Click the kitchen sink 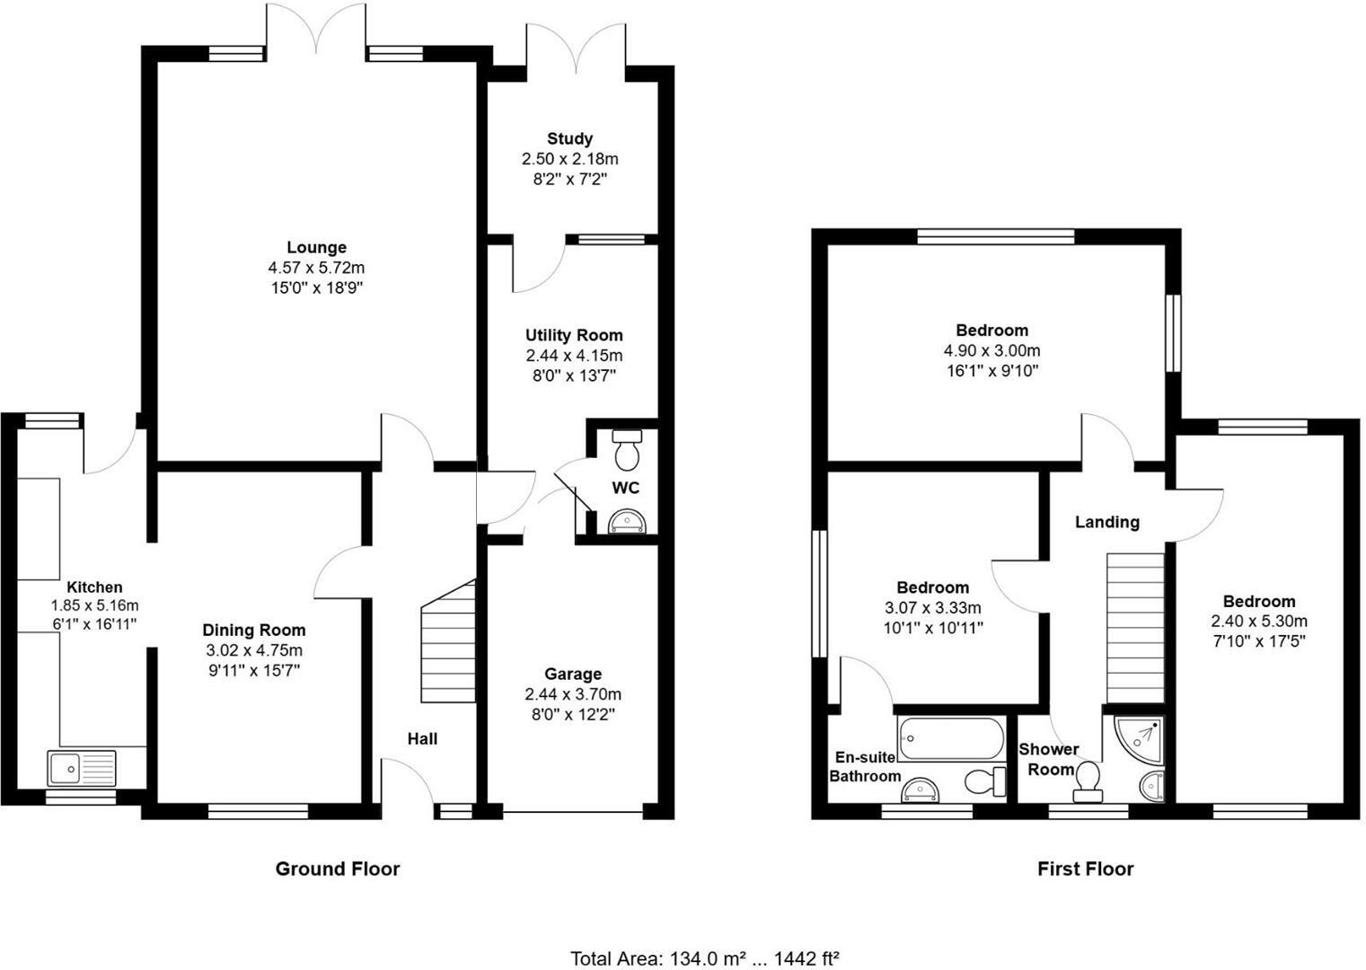[x=81, y=769]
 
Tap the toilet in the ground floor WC [x=626, y=449]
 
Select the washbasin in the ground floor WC [x=626, y=521]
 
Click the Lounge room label [x=316, y=247]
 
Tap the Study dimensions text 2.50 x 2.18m [x=569, y=159]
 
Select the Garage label [x=573, y=674]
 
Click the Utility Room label [x=574, y=335]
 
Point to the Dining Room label [x=253, y=630]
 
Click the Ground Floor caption [x=337, y=869]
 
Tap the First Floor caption [x=1085, y=869]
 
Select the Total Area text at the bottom [x=704, y=958]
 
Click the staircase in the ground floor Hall [x=448, y=642]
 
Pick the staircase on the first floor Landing [x=1134, y=627]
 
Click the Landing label [x=1106, y=522]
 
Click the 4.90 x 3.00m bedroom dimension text [x=991, y=350]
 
